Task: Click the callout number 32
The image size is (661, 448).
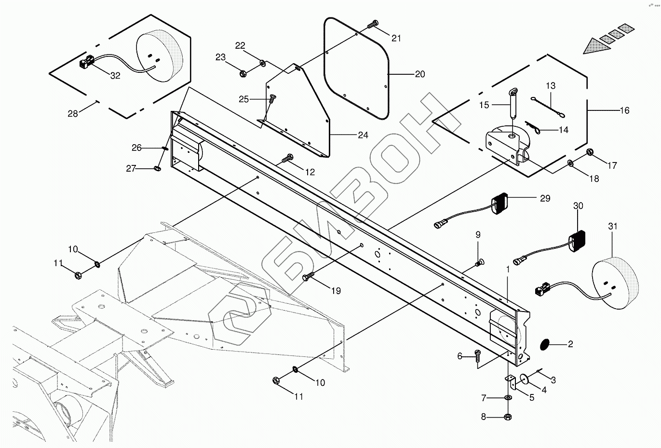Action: click(x=115, y=76)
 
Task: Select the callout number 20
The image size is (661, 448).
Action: click(x=420, y=74)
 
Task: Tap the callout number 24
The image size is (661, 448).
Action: click(x=363, y=136)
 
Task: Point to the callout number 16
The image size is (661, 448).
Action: click(x=624, y=110)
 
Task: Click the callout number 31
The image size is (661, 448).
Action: click(x=613, y=226)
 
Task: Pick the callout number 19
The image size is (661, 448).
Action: click(x=336, y=291)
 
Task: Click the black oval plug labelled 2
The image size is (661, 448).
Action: click(x=543, y=344)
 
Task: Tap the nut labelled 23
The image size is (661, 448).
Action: click(x=244, y=74)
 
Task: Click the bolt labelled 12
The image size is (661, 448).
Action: click(x=289, y=157)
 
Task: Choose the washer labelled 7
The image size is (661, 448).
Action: click(x=508, y=398)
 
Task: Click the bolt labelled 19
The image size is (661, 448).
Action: click(x=308, y=276)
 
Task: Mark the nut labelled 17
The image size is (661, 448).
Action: click(x=590, y=152)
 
